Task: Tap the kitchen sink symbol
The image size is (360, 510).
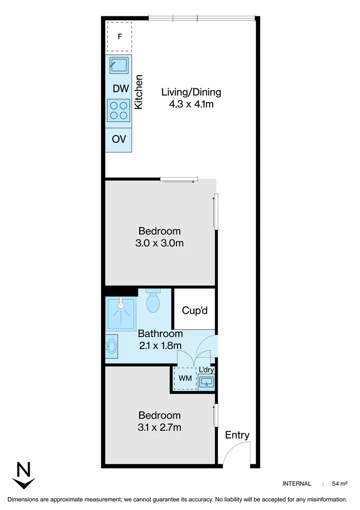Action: pyautogui.click(x=119, y=65)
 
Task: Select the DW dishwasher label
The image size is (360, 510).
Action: pyautogui.click(x=120, y=88)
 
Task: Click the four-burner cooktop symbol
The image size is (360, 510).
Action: pyautogui.click(x=118, y=110)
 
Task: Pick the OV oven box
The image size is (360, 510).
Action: pyautogui.click(x=119, y=140)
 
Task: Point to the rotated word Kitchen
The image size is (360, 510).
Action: pyautogui.click(x=139, y=92)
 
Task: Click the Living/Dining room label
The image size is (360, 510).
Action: pyautogui.click(x=191, y=92)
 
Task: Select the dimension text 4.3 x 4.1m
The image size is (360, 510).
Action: pyautogui.click(x=191, y=104)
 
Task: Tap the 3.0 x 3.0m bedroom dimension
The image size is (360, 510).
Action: pyautogui.click(x=159, y=244)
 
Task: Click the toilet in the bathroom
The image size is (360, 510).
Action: pyautogui.click(x=153, y=301)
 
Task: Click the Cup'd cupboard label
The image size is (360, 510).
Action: pyautogui.click(x=195, y=311)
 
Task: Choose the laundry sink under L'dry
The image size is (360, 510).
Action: pyautogui.click(x=207, y=382)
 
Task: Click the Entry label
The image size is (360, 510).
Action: pyautogui.click(x=237, y=435)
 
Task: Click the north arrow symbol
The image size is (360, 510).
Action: pyautogui.click(x=24, y=476)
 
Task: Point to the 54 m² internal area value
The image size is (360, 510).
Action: pyautogui.click(x=340, y=484)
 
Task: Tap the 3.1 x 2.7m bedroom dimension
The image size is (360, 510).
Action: pyautogui.click(x=159, y=428)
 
